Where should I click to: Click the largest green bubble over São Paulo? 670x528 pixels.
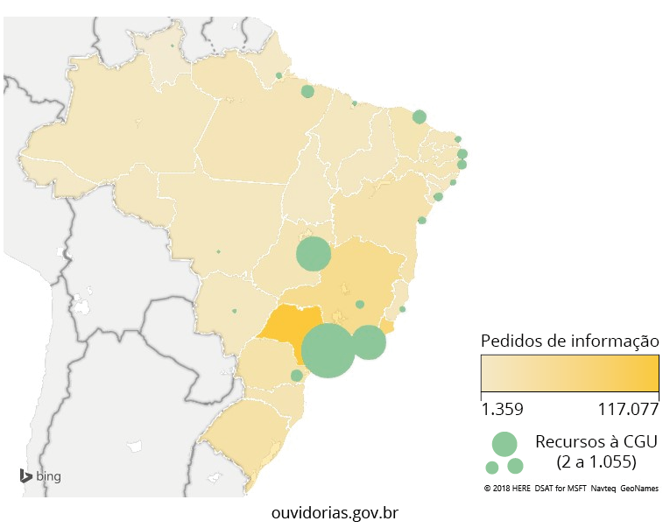click(x=328, y=350)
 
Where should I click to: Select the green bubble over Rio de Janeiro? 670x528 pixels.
click(x=368, y=342)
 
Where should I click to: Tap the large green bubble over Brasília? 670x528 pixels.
click(x=313, y=255)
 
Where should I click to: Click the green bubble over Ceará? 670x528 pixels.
click(x=419, y=116)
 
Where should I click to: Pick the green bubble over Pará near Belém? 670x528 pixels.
click(x=307, y=91)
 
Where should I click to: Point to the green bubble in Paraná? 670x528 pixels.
click(x=296, y=375)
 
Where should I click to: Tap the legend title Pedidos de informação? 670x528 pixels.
click(x=569, y=341)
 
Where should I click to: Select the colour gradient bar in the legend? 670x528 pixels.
click(x=569, y=375)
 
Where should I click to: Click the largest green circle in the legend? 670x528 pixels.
click(x=504, y=443)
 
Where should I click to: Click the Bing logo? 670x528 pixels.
click(x=40, y=476)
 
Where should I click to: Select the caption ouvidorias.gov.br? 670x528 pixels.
click(x=335, y=511)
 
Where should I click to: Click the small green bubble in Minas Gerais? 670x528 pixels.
click(x=360, y=304)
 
